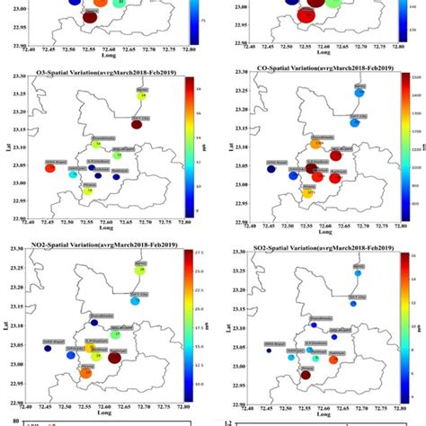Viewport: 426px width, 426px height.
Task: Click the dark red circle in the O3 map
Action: pyautogui.click(x=136, y=125)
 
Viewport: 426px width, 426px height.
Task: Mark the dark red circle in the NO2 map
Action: pyautogui.click(x=114, y=358)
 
